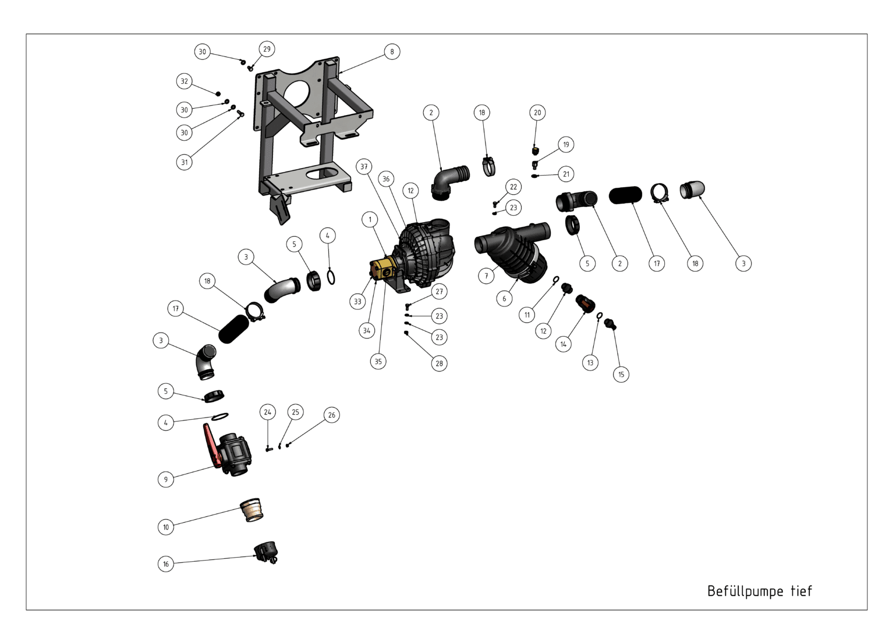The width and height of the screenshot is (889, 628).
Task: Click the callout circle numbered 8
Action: (392, 52)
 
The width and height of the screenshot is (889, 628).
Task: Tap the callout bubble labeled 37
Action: (364, 166)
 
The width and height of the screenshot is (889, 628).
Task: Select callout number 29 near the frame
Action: (267, 49)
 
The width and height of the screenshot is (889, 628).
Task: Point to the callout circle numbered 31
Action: (184, 162)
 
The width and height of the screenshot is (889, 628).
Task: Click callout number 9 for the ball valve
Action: (166, 479)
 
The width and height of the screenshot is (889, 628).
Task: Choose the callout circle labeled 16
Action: (166, 564)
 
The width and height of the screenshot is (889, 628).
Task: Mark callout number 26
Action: (332, 415)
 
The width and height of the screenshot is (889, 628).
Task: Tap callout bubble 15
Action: (621, 374)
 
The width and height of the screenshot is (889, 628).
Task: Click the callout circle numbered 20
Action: (537, 113)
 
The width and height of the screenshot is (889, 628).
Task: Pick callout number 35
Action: (378, 362)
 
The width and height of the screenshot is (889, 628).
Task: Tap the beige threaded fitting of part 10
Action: (252, 510)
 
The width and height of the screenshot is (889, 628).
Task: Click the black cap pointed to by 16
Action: (265, 552)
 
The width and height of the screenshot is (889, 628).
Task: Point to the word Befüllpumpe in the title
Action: (745, 591)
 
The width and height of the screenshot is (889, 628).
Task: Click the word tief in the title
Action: (801, 591)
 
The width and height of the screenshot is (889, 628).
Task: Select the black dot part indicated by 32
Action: (218, 94)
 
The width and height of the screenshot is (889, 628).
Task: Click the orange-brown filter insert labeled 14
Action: (586, 303)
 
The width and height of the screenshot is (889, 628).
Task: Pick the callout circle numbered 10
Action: (166, 527)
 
